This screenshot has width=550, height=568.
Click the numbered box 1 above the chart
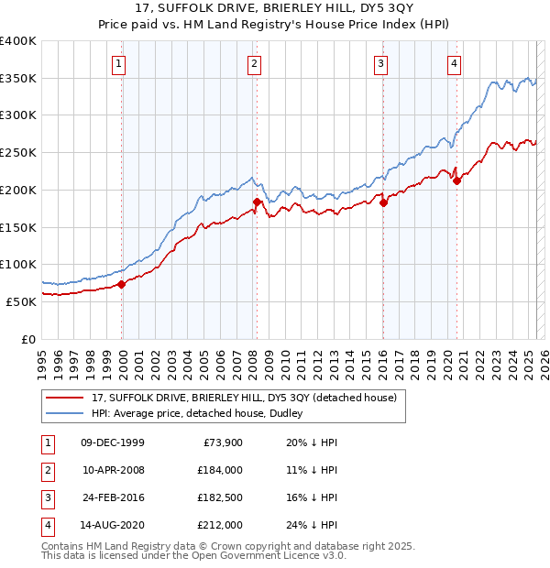tap(121, 63)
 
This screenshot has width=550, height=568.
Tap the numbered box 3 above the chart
tap(379, 63)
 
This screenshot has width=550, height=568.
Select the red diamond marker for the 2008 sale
tap(257, 202)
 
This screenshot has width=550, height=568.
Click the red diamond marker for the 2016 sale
tap(384, 203)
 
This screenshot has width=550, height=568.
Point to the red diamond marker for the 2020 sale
tap(456, 181)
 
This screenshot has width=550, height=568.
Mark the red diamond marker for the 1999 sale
tap(122, 284)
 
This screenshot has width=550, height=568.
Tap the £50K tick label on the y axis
tap(22, 301)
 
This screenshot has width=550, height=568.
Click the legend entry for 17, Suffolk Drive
tap(243, 398)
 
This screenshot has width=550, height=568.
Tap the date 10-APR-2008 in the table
tap(113, 470)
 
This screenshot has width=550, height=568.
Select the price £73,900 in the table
tap(220, 442)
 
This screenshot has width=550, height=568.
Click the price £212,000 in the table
tap(219, 525)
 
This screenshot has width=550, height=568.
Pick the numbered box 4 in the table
tap(46, 525)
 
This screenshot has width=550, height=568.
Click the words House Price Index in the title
tap(373, 27)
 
